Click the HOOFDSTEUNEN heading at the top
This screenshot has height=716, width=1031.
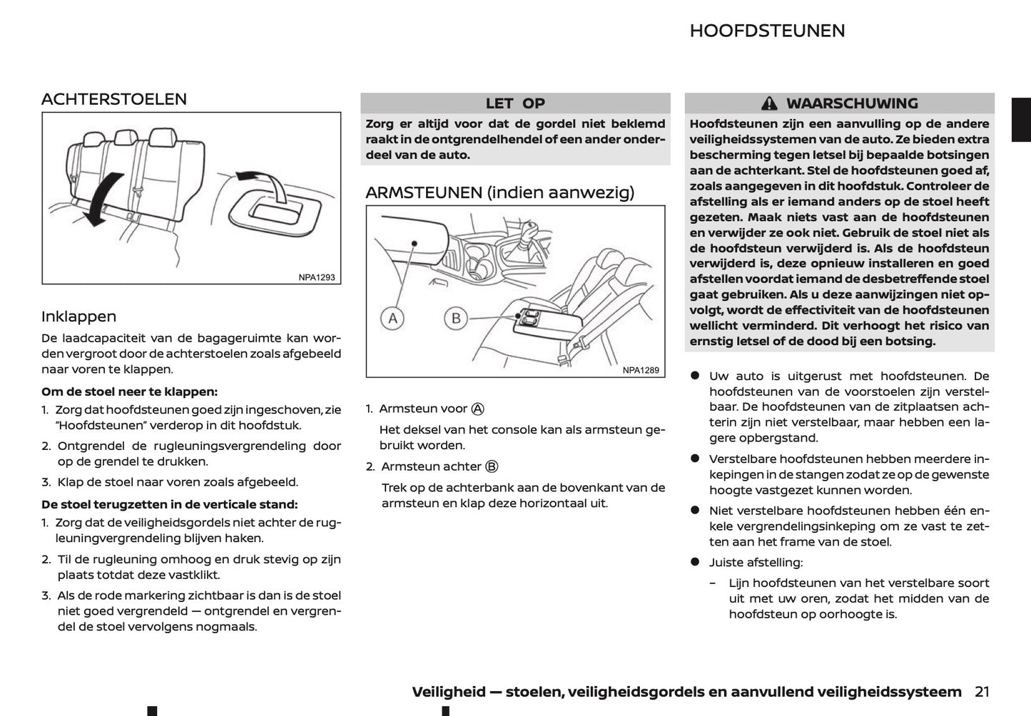(767, 31)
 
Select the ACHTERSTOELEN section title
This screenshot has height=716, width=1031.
(114, 99)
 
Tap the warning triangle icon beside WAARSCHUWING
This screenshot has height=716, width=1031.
(768, 103)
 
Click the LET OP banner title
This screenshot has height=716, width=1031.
(514, 103)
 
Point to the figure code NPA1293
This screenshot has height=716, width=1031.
(317, 277)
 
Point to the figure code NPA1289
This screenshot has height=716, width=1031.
(641, 370)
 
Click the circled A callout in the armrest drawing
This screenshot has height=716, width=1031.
(392, 318)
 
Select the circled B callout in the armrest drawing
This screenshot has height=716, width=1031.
(456, 318)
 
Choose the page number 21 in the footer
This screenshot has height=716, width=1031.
(982, 691)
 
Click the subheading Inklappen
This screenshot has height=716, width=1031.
(78, 317)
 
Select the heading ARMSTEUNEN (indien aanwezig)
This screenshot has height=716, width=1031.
(499, 193)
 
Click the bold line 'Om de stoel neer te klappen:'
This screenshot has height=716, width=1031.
(129, 392)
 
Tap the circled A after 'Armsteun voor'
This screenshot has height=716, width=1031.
(478, 409)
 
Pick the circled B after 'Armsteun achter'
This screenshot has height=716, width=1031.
(492, 466)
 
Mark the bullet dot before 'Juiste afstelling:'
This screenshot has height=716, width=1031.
(694, 562)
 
